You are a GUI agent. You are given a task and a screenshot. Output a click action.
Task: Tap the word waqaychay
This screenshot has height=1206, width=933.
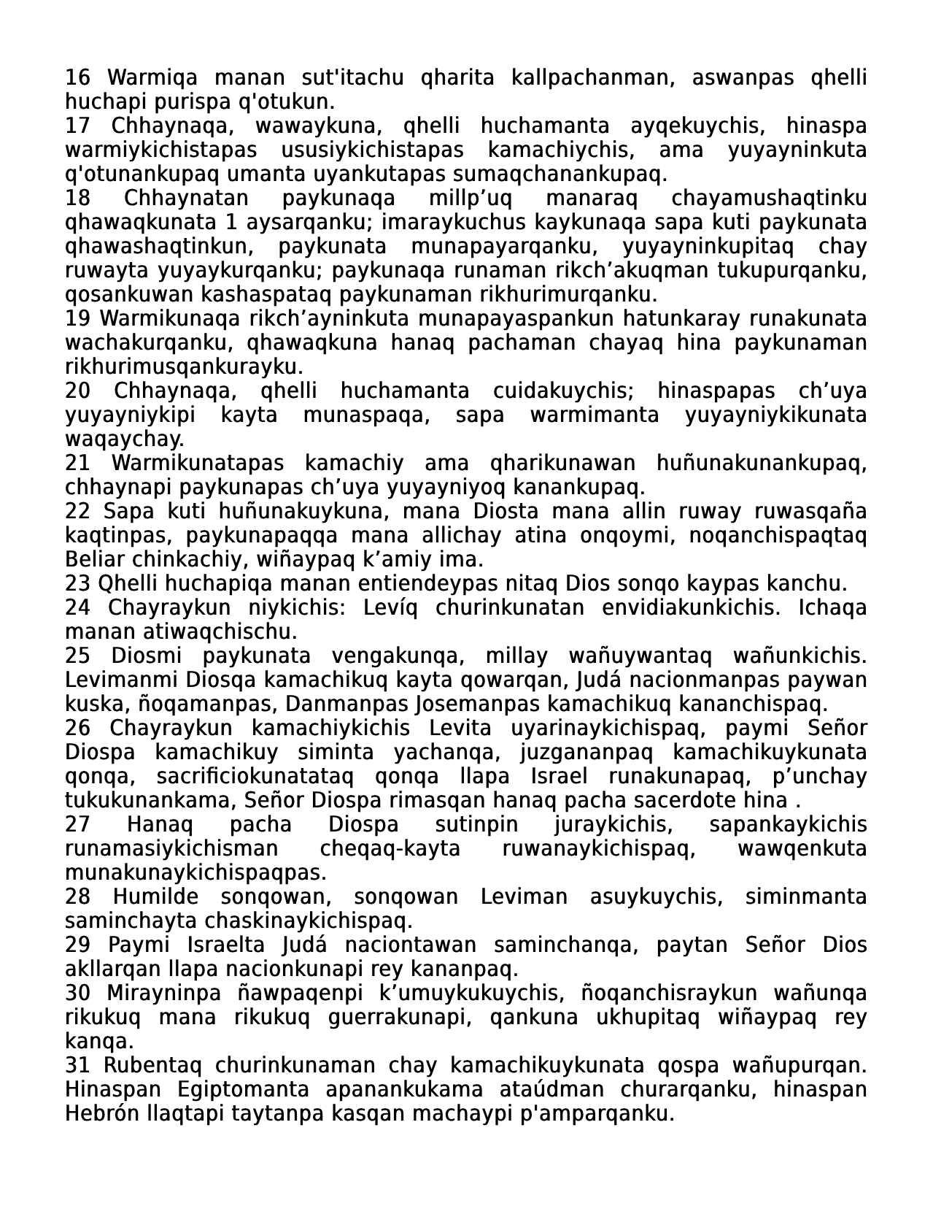[x=124, y=439]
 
